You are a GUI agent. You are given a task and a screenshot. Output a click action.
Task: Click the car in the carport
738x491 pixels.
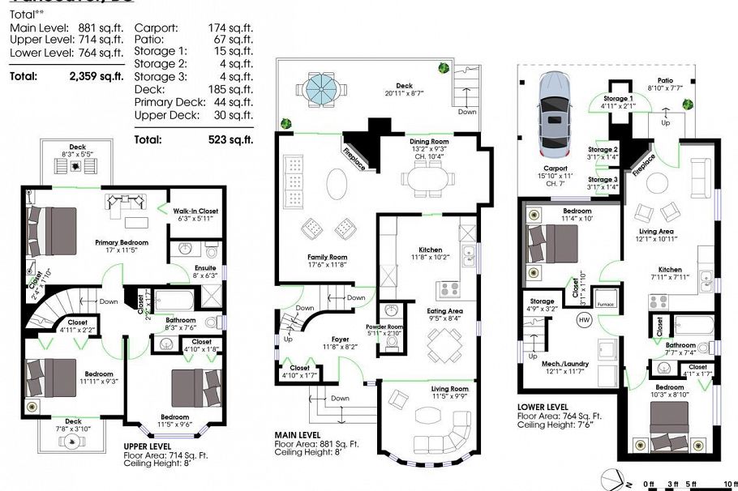(x=556, y=116)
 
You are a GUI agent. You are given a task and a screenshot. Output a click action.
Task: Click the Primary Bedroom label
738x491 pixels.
(x=122, y=242)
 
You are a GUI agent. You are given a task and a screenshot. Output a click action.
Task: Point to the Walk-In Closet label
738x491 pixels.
(x=198, y=213)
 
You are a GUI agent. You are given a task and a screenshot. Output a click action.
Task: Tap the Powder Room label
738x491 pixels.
(x=394, y=328)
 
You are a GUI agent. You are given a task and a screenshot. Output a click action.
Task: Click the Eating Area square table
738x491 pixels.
(x=443, y=347)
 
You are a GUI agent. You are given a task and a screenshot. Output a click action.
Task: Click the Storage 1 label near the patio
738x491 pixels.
(x=617, y=98)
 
